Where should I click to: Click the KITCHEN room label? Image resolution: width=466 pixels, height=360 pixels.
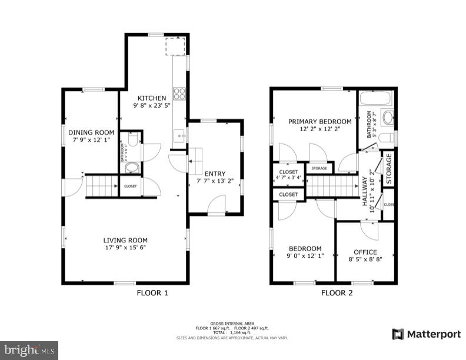point(152,98)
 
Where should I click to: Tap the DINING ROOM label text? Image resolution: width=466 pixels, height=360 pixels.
point(91,132)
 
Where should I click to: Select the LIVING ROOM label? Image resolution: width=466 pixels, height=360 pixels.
point(125,240)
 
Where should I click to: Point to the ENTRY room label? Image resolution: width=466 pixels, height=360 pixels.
point(215,174)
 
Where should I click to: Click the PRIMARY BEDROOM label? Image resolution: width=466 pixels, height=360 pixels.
point(319,122)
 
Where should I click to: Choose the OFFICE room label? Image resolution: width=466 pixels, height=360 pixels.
point(365,252)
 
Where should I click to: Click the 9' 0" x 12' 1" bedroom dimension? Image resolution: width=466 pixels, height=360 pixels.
point(305,256)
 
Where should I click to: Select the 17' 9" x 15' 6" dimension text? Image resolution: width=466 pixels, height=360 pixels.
point(125,248)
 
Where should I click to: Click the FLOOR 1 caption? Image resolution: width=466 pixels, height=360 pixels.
point(152,292)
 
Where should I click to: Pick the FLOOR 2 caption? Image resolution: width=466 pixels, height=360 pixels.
point(337,292)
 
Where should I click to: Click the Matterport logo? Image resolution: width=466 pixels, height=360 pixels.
point(427,334)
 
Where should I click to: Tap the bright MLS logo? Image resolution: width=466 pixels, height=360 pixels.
point(29,351)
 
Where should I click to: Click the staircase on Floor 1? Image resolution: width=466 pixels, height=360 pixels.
point(101,186)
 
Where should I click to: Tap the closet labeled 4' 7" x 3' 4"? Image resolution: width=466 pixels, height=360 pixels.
point(288,174)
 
